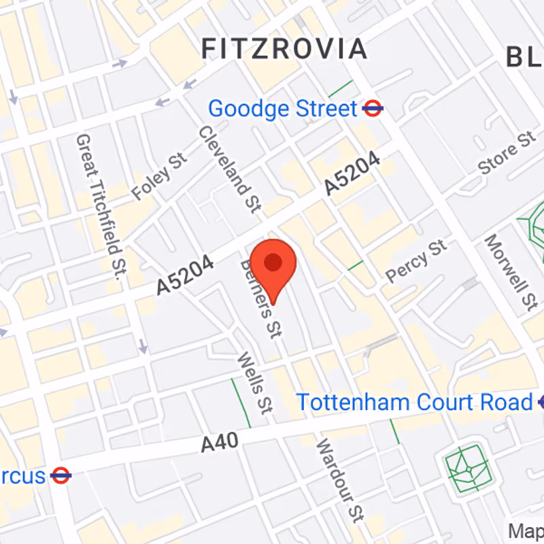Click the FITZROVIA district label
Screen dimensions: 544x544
coord(284,49)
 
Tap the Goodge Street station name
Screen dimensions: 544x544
coord(282,109)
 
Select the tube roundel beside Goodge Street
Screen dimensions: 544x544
coord(373,108)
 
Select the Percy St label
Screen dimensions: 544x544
coord(417,260)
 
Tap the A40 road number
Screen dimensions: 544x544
coord(220,443)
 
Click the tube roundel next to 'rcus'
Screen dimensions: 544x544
coord(61,475)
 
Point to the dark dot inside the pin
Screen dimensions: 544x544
coord(273,262)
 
